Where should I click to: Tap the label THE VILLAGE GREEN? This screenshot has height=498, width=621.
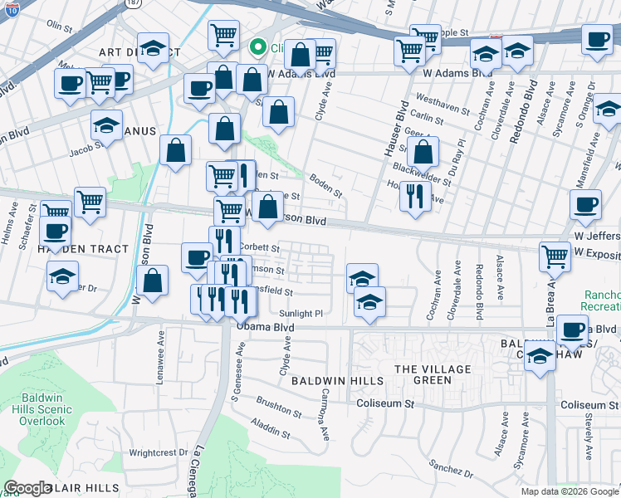pyautogui.click(x=432, y=375)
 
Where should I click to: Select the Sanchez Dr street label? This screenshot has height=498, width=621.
pyautogui.click(x=452, y=473)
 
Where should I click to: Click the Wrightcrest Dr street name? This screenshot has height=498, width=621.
pyautogui.click(x=159, y=453)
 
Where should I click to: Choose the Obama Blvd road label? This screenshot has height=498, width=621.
pyautogui.click(x=266, y=328)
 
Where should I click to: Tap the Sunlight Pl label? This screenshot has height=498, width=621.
pyautogui.click(x=301, y=314)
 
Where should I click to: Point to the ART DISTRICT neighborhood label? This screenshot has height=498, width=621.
pyautogui.click(x=128, y=51)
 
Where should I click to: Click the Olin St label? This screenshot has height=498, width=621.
pyautogui.click(x=61, y=27)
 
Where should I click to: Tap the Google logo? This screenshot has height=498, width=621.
pyautogui.click(x=27, y=488)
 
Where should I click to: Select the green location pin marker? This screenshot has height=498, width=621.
pyautogui.click(x=258, y=48)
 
